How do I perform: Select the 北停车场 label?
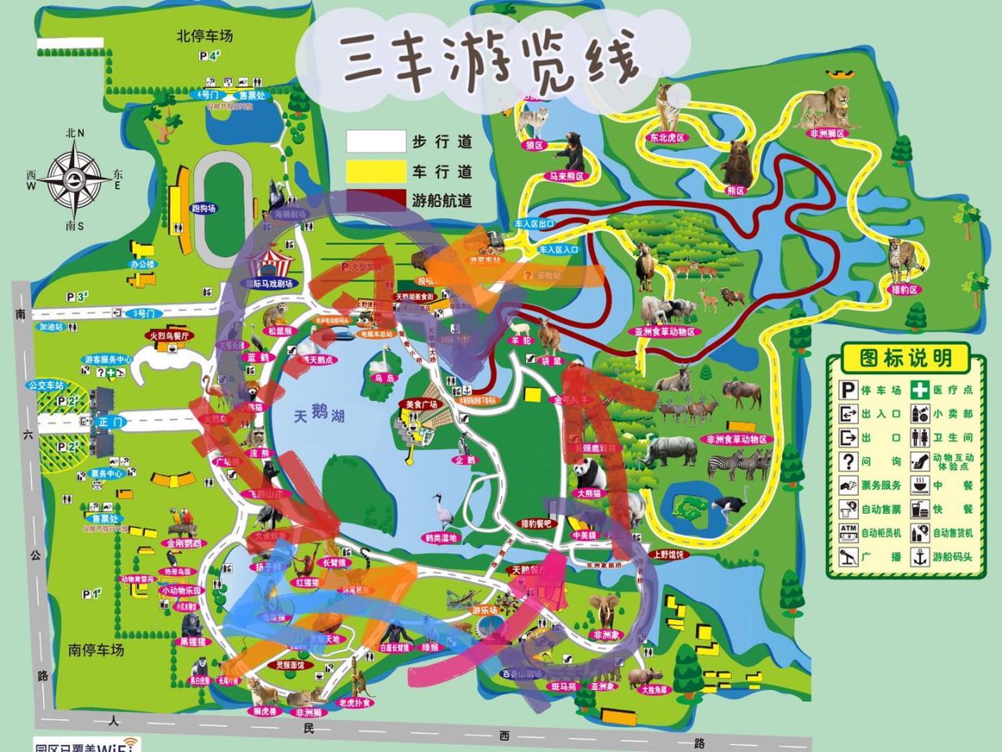coord(204,36)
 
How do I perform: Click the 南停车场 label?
coord(96,649)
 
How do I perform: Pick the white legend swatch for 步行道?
coord(377,141)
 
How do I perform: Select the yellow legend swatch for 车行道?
coord(377,170)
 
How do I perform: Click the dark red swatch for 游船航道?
coord(377,199)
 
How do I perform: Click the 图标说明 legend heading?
coord(906,358)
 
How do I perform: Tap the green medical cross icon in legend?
coord(920,389)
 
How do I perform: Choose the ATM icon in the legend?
coord(849,533)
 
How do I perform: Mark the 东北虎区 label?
coord(665,137)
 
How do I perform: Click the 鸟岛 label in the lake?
coord(383,378)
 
